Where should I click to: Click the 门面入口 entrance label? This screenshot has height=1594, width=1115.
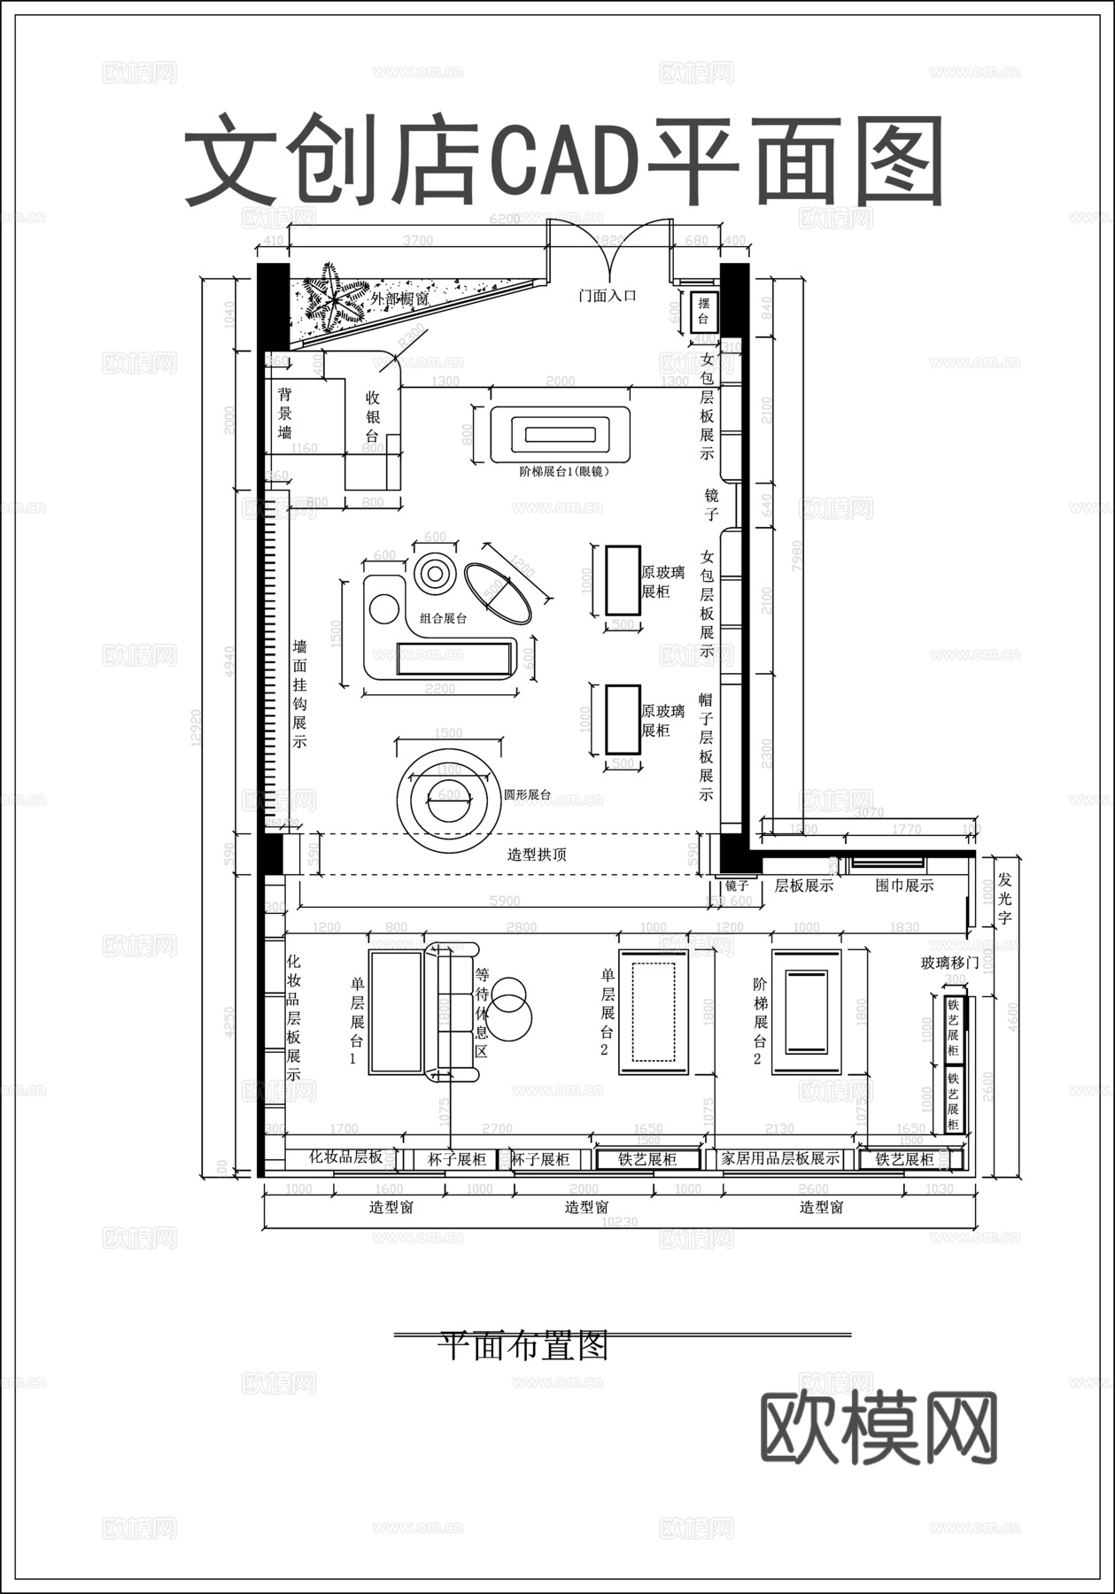[608, 297]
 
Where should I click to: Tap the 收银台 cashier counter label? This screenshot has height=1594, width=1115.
[373, 417]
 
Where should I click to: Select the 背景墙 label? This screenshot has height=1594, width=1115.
[285, 414]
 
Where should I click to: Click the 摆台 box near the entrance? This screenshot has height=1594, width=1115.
[704, 312]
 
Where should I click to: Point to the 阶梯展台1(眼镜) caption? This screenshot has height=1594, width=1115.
[564, 472]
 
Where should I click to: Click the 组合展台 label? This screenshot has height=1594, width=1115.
[444, 619]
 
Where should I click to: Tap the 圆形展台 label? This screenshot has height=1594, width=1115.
[527, 794]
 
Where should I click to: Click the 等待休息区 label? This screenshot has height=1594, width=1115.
[482, 1011]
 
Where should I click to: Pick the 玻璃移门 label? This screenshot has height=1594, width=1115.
[949, 963]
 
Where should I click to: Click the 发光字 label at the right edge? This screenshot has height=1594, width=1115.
[1004, 899]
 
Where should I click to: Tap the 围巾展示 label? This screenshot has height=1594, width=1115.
[904, 885]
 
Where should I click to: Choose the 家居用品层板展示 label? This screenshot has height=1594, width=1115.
[780, 1158]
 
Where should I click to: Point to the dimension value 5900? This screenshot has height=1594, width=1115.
[504, 901]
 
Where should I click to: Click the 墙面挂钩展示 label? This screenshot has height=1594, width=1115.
[300, 694]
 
